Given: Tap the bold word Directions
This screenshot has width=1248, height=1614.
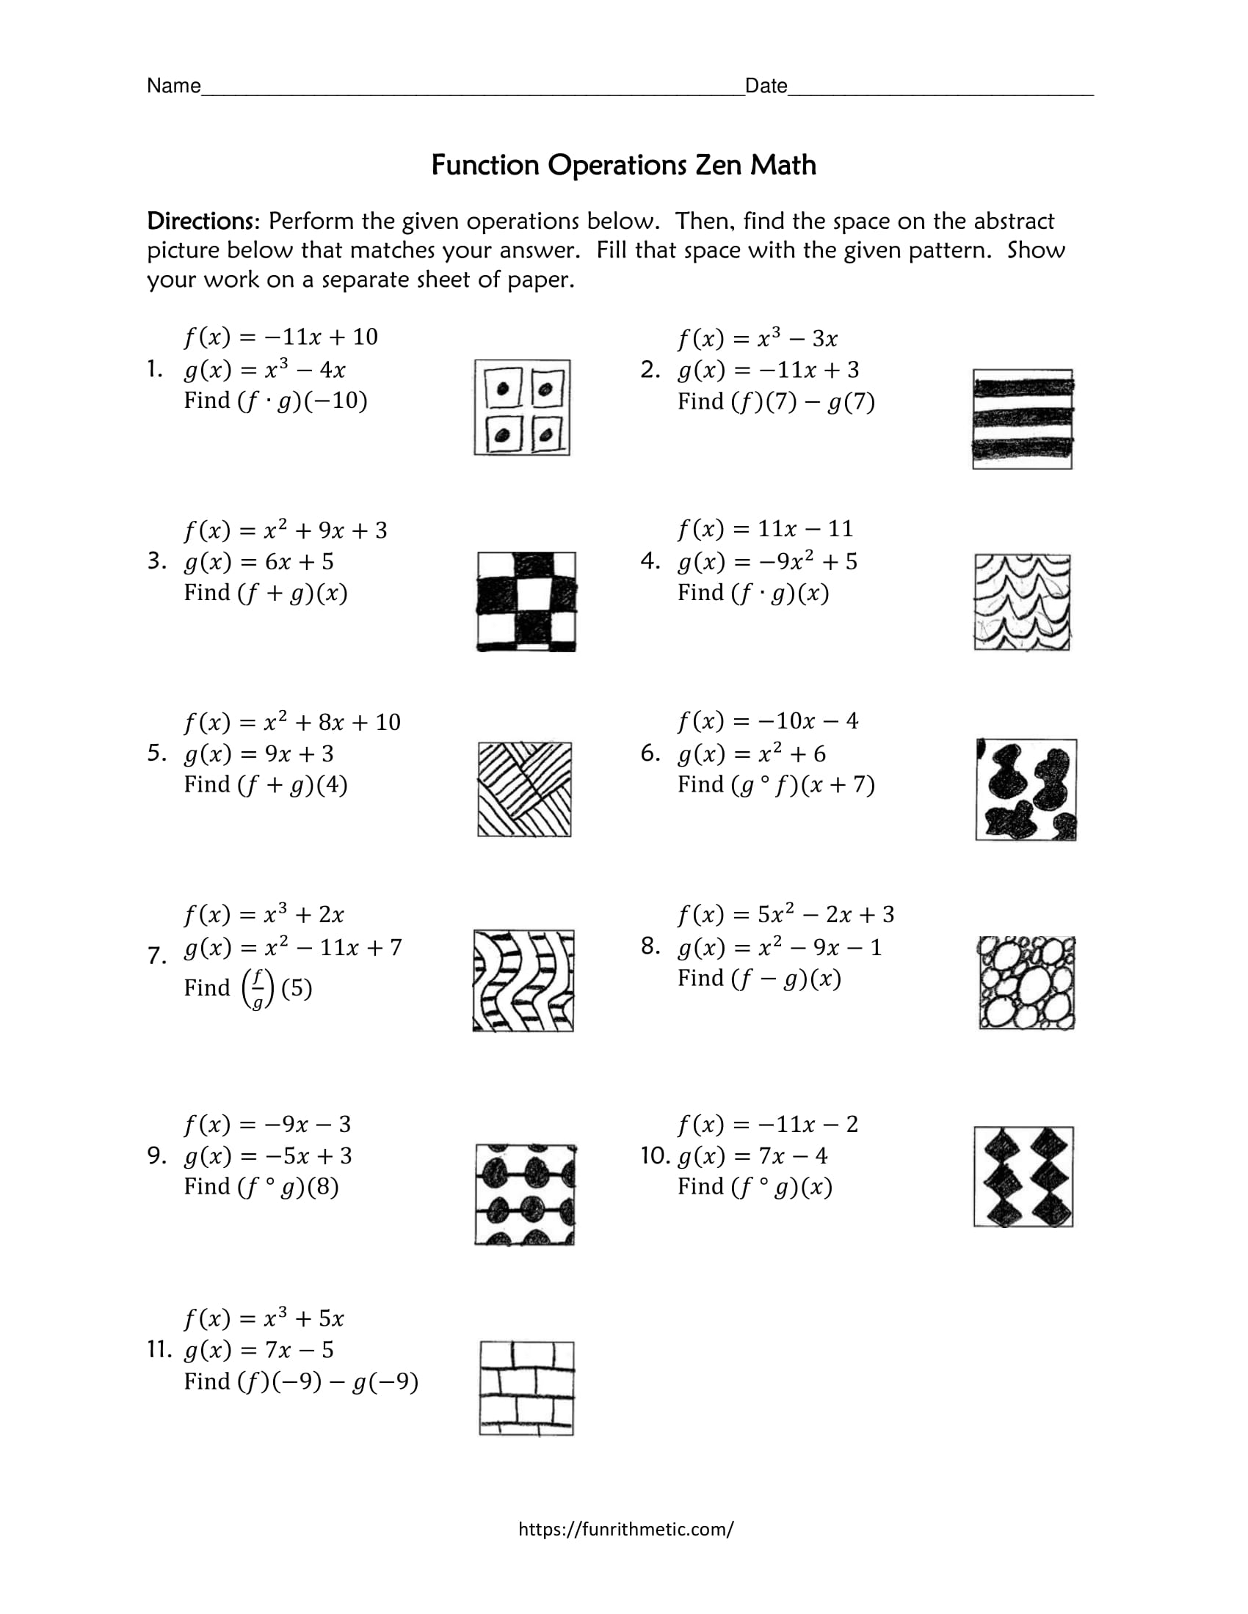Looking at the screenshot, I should (200, 221).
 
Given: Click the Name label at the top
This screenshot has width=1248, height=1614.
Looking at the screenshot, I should (174, 87).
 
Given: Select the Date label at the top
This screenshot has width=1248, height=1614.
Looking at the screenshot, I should (766, 87).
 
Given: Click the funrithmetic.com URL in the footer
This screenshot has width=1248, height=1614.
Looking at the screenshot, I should (625, 1528).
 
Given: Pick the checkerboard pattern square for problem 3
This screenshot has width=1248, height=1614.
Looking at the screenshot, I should (526, 602).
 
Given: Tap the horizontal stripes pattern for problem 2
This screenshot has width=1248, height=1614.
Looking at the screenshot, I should (1022, 419).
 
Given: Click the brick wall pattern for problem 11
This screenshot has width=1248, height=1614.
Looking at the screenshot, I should (526, 1389).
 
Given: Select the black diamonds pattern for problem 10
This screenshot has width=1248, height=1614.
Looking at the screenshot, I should (1023, 1177).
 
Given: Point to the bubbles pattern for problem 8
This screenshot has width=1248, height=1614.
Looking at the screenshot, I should (1026, 983).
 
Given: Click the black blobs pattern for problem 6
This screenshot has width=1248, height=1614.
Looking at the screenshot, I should (1026, 789).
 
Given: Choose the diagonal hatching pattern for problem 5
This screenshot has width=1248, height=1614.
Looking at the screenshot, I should (524, 789).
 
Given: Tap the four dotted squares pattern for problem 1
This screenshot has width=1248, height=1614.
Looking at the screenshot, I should (522, 407).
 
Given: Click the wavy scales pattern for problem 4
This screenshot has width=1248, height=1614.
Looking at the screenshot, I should (1022, 602).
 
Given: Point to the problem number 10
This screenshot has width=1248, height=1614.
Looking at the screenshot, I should (655, 1155).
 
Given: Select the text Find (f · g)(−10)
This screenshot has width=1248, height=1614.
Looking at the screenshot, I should (275, 401).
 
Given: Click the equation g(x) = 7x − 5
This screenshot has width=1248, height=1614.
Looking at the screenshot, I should (258, 1350).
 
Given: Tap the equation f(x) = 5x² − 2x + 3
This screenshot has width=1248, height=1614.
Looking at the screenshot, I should (786, 915).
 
